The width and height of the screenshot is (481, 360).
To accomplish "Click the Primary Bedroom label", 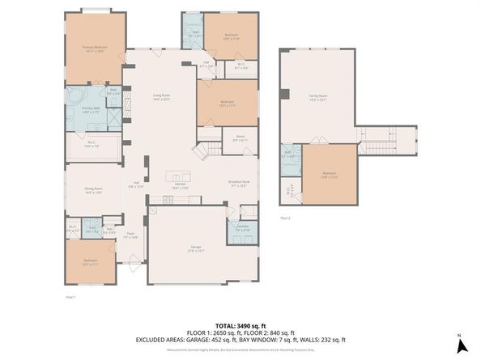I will click(x=95, y=48).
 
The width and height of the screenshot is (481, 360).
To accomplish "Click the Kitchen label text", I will click(x=181, y=185).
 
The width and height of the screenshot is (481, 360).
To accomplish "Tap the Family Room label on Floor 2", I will click(x=317, y=98).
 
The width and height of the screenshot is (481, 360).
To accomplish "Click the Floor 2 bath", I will click(x=290, y=159).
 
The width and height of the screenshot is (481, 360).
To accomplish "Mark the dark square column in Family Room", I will click(x=284, y=95).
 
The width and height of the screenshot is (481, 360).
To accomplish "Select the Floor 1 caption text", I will click(x=70, y=298).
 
